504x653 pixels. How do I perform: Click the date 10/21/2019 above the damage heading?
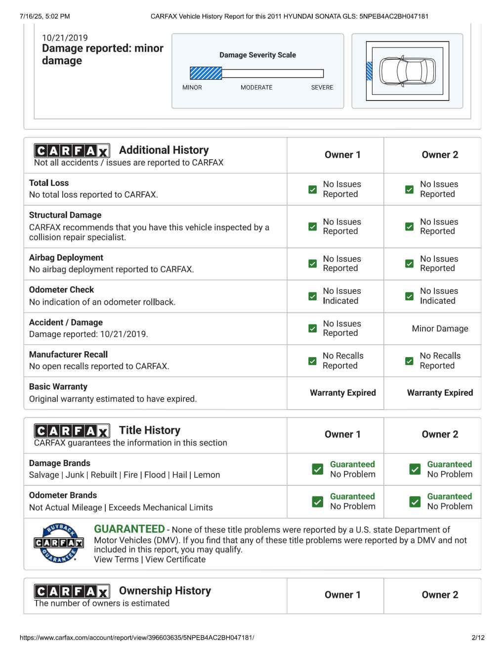coord(65,38)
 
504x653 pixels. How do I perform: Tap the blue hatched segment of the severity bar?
coord(206,74)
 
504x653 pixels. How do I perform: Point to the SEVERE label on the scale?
coord(322,88)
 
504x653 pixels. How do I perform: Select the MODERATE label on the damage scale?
coord(256,88)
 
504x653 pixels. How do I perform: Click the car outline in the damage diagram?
coord(407,71)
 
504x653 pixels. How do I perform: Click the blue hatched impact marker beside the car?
coord(369,71)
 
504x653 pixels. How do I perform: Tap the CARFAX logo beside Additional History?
coord(72,150)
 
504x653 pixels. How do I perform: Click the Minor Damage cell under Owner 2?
coord(440,328)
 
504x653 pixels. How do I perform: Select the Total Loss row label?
coord(49,183)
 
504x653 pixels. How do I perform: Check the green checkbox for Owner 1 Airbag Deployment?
coord(312,264)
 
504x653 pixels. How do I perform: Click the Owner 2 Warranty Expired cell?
coord(440,393)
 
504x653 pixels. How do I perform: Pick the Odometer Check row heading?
coord(61,290)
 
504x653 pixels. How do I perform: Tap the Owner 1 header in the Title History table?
coord(342,434)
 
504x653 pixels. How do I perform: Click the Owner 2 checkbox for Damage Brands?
coord(415,469)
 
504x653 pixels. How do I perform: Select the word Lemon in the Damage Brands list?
coord(207,475)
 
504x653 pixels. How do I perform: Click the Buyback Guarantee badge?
coord(59,543)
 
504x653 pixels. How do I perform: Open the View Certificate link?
coord(175,560)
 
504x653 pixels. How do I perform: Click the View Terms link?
coord(116,560)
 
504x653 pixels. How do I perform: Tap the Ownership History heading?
coord(165,591)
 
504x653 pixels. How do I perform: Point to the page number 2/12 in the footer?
coord(478,638)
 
